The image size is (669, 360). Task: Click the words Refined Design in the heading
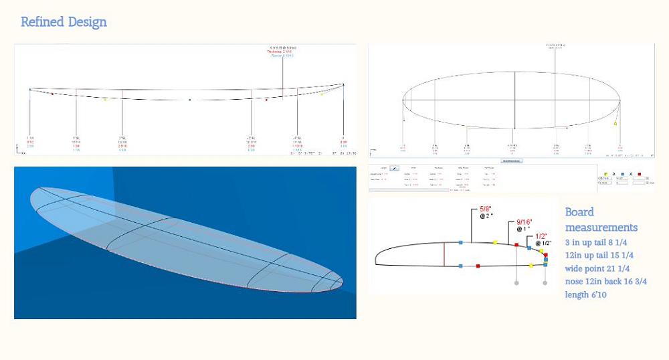pyautogui.click(x=64, y=22)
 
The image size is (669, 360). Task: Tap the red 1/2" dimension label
pyautogui.click(x=542, y=236)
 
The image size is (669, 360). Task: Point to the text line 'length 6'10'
pyautogui.click(x=585, y=294)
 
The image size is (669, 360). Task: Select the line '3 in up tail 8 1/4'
pyautogui.click(x=599, y=242)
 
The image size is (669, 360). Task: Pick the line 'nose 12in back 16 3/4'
pyautogui.click(x=605, y=282)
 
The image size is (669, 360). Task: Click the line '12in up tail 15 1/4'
pyautogui.click(x=599, y=256)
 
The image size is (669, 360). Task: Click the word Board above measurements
pyautogui.click(x=579, y=212)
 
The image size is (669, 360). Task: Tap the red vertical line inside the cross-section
pyautogui.click(x=444, y=254)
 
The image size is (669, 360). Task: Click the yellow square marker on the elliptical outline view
pyautogui.click(x=615, y=124)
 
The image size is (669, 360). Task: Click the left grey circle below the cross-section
pyautogui.click(x=517, y=283)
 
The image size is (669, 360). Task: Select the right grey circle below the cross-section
pyautogui.click(x=545, y=283)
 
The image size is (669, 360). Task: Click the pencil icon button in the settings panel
pyautogui.click(x=395, y=168)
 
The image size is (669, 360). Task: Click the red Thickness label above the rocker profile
pyautogui.click(x=282, y=52)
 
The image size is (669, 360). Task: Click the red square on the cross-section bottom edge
pyautogui.click(x=478, y=266)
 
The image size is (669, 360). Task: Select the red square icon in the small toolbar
pyautogui.click(x=640, y=173)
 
